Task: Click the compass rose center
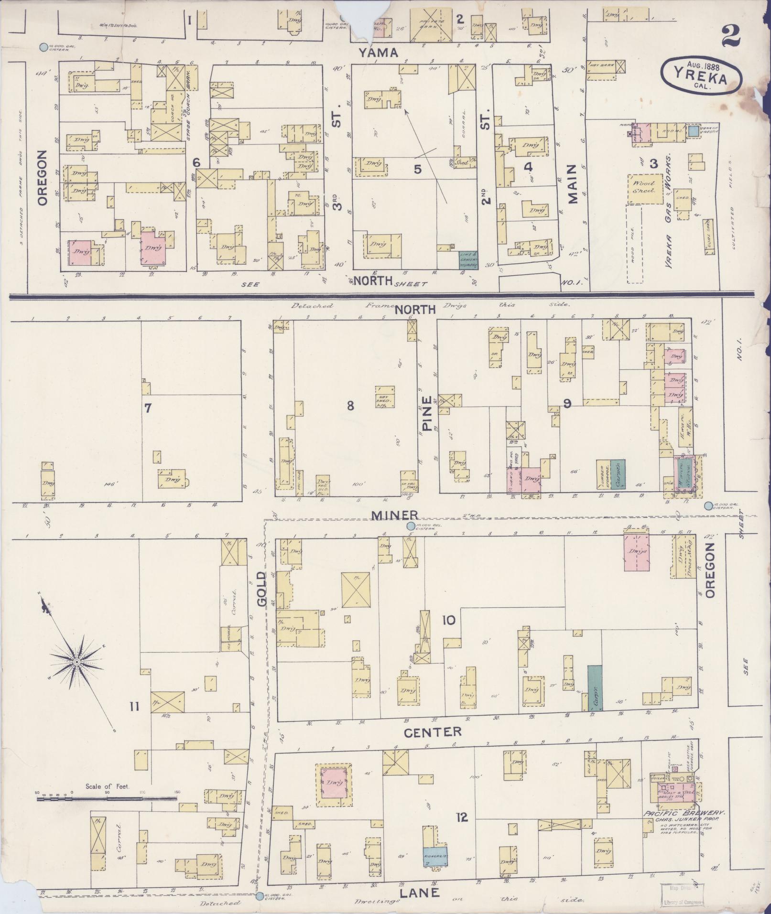pos(76,662)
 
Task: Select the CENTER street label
pos(433,731)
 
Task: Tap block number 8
pos(350,406)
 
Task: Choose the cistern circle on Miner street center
pos(410,526)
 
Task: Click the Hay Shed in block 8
pos(385,396)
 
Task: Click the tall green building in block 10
pos(594,688)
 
